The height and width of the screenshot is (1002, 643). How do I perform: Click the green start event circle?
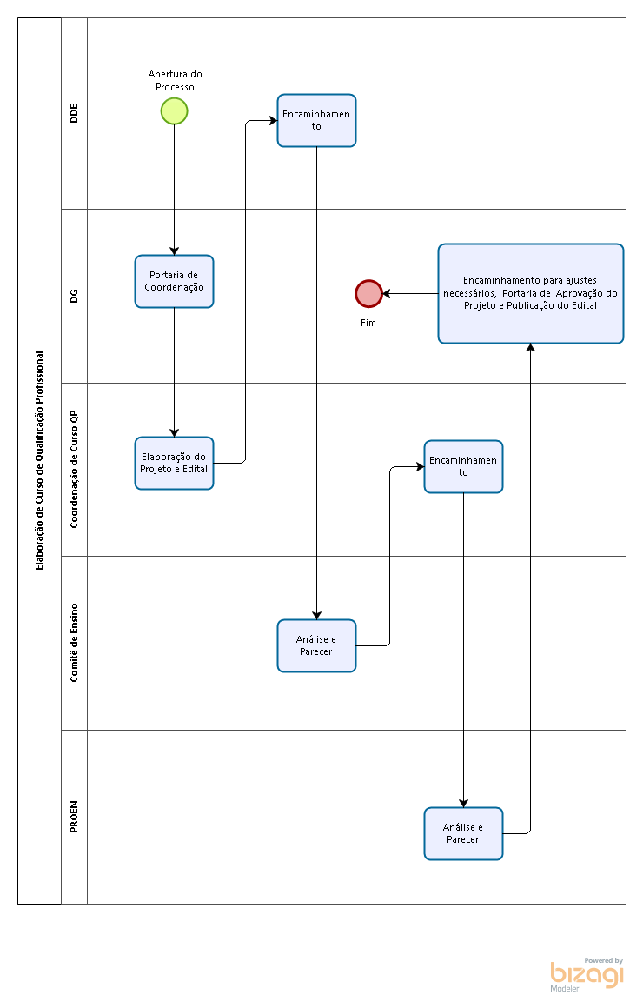(175, 111)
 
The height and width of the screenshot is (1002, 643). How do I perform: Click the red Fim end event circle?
(368, 293)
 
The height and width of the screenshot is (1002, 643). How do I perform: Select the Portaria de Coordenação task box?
(175, 281)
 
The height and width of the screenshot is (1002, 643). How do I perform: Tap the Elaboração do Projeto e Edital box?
(175, 464)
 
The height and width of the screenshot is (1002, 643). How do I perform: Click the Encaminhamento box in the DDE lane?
(316, 121)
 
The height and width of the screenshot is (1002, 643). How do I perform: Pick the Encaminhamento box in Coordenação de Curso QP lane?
(464, 466)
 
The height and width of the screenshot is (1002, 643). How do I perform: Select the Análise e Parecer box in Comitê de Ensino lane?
(316, 645)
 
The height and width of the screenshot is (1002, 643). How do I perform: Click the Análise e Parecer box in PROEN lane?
(464, 833)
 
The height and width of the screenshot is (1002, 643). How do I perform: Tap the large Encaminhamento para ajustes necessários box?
(531, 293)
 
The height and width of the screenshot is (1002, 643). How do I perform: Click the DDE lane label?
(74, 113)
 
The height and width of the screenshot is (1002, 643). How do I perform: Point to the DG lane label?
(74, 296)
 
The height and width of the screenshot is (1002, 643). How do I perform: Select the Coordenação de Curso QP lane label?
(74, 469)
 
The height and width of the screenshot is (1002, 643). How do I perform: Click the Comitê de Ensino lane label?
(74, 643)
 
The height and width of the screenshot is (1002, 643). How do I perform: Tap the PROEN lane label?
(74, 817)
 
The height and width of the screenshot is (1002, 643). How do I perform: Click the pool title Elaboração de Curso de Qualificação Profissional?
(40, 461)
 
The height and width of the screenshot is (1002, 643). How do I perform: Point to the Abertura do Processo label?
(175, 81)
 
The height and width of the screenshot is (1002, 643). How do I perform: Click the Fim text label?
(368, 323)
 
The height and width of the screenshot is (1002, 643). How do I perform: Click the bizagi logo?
(587, 975)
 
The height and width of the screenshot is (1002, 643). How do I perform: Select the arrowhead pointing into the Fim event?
(387, 293)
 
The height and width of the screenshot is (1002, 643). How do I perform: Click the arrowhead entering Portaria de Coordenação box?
(175, 251)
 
